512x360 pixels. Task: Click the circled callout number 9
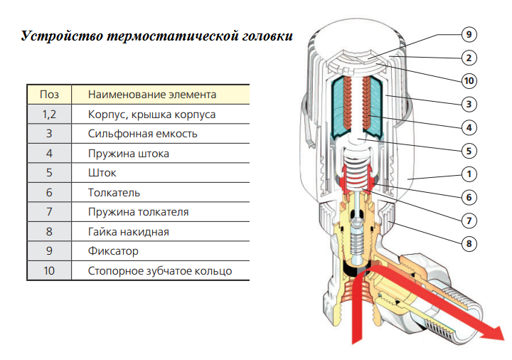tap(469, 35)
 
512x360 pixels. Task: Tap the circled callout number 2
tap(469, 58)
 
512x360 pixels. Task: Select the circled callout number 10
tap(469, 80)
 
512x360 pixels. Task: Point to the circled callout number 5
tap(469, 151)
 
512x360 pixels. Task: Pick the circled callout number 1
tap(469, 174)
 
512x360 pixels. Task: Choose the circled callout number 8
tap(469, 244)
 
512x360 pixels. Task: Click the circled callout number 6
tap(469, 197)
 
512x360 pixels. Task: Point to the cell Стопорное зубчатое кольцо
tap(160, 271)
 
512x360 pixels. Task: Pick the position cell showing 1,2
tap(49, 115)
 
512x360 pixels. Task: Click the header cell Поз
tap(49, 95)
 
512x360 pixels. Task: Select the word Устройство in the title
tap(62, 36)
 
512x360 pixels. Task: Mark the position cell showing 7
tap(49, 212)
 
